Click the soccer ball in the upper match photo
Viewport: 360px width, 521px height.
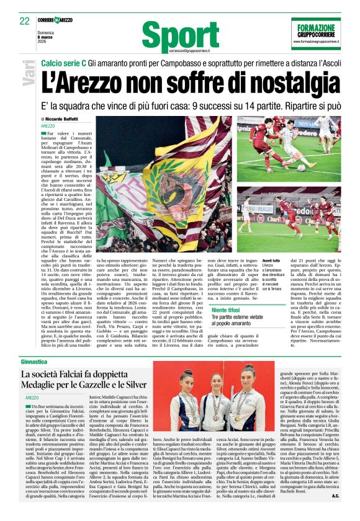[301, 167]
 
